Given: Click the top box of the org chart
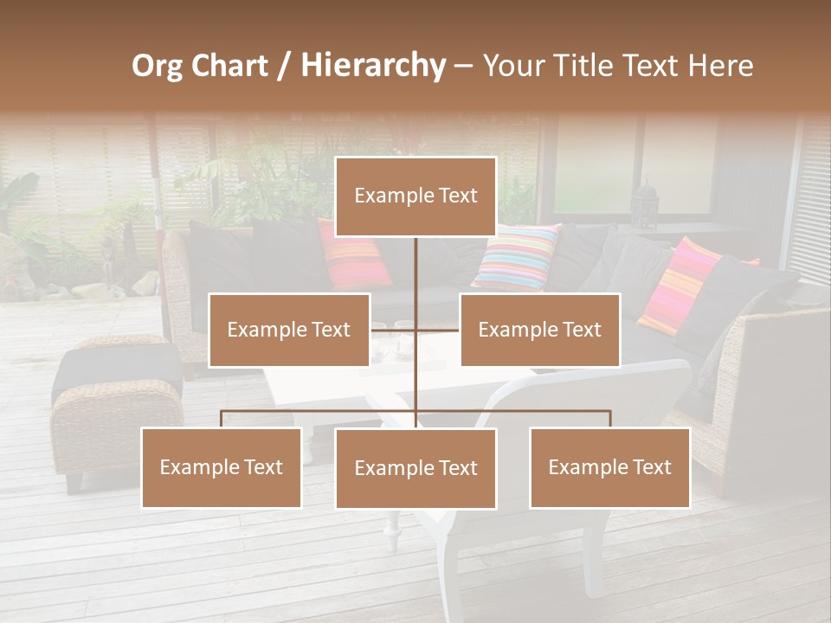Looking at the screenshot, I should (x=415, y=196).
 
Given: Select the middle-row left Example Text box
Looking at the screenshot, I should (x=289, y=330).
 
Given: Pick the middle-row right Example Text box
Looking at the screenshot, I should (x=539, y=330).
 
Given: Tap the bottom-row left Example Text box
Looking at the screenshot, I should (x=221, y=467).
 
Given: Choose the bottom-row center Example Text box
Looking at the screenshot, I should (x=415, y=468).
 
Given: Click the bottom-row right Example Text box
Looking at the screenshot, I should (x=609, y=467).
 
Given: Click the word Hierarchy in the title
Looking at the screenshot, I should (x=373, y=66).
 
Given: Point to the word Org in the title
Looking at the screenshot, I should (x=157, y=66).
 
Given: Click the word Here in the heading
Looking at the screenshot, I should (x=721, y=66).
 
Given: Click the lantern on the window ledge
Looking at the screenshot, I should (x=646, y=204).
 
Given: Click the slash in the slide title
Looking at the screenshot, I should (x=284, y=66).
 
